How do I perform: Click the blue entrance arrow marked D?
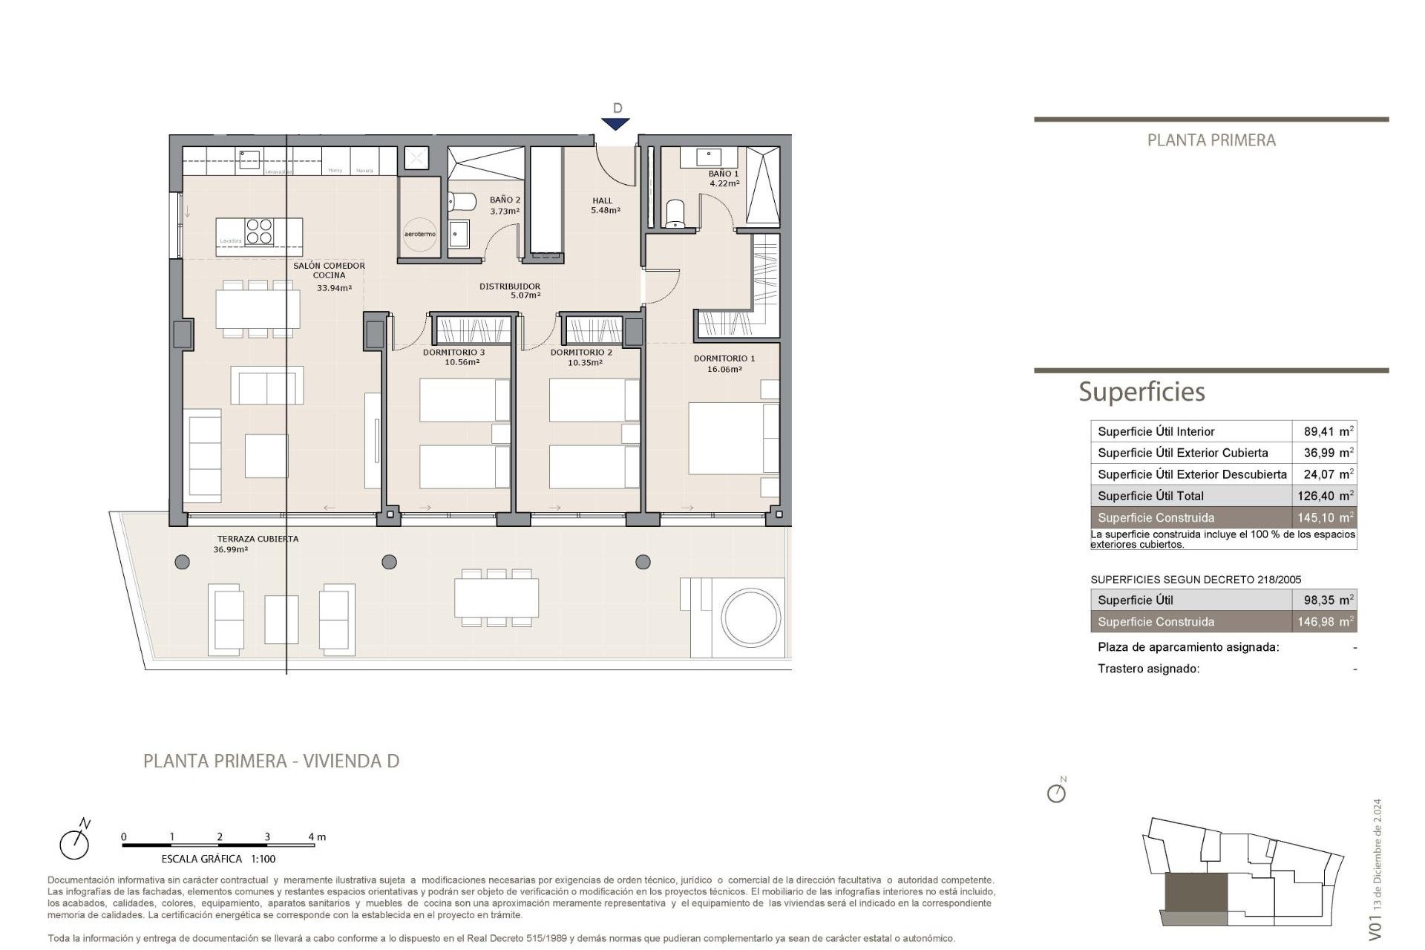coord(616,124)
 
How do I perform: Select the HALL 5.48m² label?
coord(605,205)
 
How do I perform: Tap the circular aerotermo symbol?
coord(420,234)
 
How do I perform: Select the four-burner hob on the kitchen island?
coord(259,232)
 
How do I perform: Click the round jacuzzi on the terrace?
coord(751,618)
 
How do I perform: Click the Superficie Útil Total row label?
coord(1150,496)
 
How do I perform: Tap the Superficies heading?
coord(1141,391)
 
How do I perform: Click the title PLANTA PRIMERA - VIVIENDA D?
coord(271,761)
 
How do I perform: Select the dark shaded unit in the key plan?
coord(1196,893)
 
